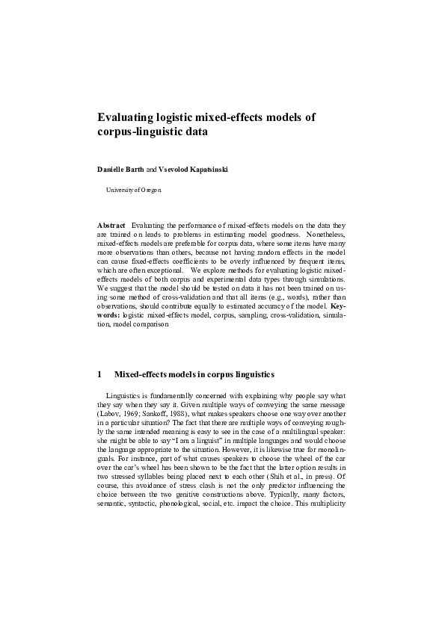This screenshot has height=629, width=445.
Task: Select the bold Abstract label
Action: [x=111, y=225]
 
